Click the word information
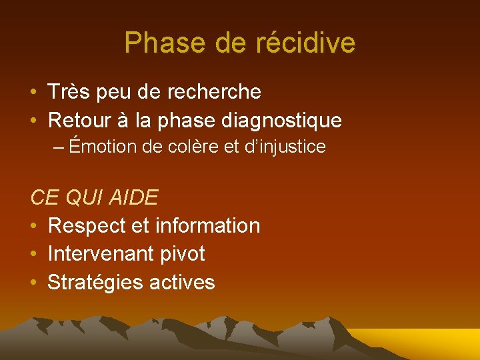[207, 226]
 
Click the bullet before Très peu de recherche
[34, 92]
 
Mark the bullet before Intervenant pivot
[34, 255]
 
